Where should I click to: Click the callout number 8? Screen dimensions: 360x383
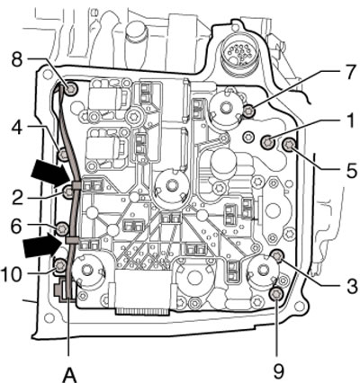pyautogui.click(x=17, y=60)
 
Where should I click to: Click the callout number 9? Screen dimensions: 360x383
pyautogui.click(x=278, y=371)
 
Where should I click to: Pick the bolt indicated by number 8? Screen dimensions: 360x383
pyautogui.click(x=71, y=88)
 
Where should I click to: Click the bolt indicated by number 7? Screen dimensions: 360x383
pyautogui.click(x=248, y=111)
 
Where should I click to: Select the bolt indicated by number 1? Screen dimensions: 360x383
pyautogui.click(x=267, y=142)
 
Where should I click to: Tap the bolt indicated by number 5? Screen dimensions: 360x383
pyautogui.click(x=290, y=146)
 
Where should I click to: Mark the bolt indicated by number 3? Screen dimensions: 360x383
pyautogui.click(x=277, y=255)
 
